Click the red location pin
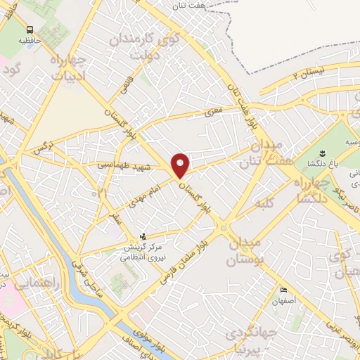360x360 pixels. pyautogui.click(x=181, y=165)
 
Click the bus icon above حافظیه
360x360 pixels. pyautogui.click(x=30, y=30)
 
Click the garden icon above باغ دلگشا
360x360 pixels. pyautogui.click(x=322, y=153)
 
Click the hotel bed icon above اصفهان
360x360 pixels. pyautogui.click(x=283, y=290)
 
